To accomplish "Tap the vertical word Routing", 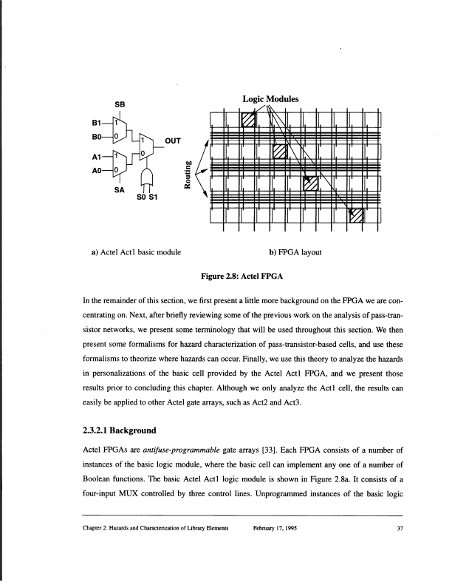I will tap(191, 175).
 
